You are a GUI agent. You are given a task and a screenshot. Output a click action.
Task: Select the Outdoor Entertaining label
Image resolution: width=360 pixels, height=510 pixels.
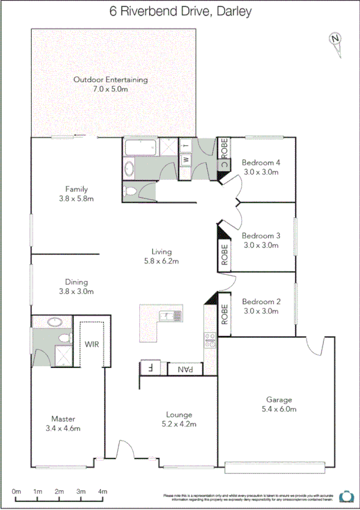click(x=110, y=79)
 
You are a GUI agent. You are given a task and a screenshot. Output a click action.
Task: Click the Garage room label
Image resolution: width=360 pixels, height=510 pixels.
click(x=279, y=399)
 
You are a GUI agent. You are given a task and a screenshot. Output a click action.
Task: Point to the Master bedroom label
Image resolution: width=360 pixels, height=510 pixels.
click(x=63, y=419)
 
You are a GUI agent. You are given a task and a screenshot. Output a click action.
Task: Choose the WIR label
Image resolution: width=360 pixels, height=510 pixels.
click(x=92, y=345)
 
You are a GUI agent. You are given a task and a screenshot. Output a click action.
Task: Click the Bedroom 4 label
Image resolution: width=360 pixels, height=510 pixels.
click(x=261, y=162)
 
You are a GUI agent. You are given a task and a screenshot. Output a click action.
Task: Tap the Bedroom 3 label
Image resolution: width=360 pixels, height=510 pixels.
click(x=261, y=236)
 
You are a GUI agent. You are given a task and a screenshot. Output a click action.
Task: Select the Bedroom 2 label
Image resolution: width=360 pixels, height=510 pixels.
click(x=261, y=302)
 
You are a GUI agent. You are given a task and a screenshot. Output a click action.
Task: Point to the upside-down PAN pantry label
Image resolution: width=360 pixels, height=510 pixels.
click(x=185, y=369)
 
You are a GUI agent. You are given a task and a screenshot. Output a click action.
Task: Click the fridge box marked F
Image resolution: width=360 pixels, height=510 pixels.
click(x=150, y=368)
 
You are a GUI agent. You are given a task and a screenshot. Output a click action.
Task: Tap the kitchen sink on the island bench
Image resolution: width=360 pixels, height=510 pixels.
click(x=167, y=315)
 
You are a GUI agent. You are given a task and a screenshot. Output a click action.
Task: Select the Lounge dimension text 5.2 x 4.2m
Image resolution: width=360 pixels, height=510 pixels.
click(x=179, y=424)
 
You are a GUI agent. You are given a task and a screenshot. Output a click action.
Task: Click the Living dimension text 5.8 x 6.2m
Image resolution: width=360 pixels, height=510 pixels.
click(x=162, y=261)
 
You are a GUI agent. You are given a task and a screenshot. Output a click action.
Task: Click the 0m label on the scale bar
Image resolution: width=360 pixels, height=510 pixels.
click(x=16, y=491)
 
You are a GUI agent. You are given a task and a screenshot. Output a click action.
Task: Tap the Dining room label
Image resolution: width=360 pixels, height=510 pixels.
click(x=76, y=281)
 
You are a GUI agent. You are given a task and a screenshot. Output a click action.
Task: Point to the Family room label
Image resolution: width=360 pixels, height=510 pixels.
click(x=76, y=189)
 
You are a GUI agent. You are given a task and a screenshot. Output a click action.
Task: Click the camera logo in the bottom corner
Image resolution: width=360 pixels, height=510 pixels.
click(x=346, y=496)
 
